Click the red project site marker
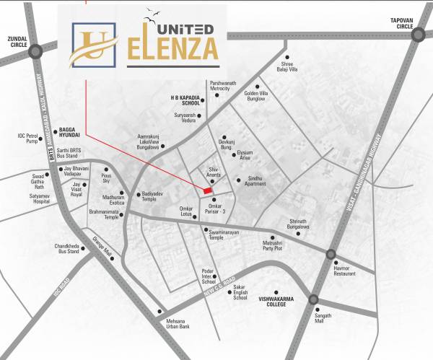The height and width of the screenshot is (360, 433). click(207, 190)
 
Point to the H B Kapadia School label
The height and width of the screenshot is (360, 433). click(184, 100)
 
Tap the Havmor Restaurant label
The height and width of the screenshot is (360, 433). click(346, 271)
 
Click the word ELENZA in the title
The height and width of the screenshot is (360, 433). click(173, 49)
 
